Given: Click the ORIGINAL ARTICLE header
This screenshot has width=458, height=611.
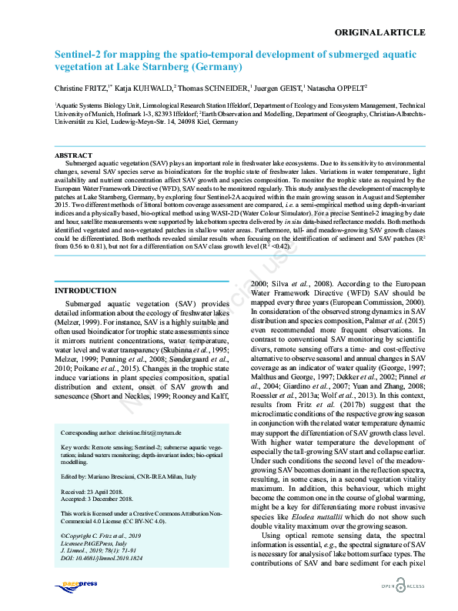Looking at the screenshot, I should click(x=380, y=32).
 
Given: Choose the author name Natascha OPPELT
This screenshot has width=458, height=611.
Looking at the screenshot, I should click(x=337, y=89).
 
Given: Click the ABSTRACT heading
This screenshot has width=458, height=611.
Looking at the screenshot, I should click(x=74, y=156).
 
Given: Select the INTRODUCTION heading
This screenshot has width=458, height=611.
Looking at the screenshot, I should click(x=85, y=291).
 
